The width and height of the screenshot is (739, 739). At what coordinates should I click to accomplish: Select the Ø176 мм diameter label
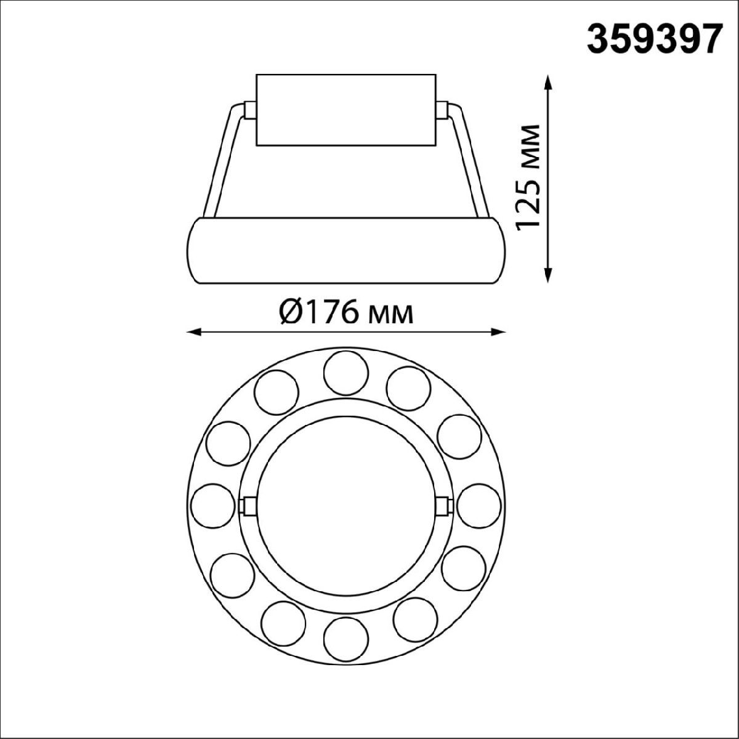345,313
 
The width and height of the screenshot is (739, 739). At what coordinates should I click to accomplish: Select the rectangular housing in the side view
345,111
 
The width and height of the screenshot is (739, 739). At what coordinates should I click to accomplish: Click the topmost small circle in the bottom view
345,372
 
